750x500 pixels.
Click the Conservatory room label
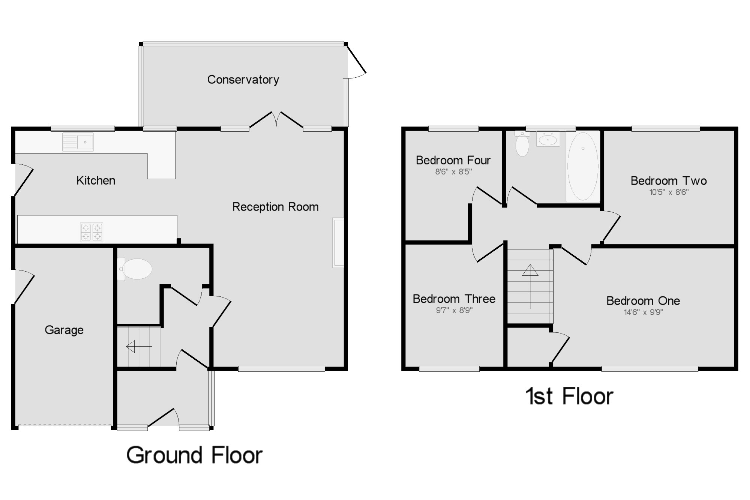point(243,80)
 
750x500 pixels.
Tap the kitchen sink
point(78,142)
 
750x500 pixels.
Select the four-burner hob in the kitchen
point(91,232)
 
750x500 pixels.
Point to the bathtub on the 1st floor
point(583,166)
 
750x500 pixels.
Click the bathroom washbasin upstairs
point(548,140)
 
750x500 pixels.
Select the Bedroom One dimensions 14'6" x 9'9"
point(643,312)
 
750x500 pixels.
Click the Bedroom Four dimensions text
point(453,172)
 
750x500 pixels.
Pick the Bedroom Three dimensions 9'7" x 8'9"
point(454,310)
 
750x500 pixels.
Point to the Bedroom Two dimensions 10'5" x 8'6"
point(669,192)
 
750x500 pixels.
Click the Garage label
point(64,330)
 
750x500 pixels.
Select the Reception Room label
point(275,207)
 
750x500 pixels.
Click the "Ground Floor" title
point(194,455)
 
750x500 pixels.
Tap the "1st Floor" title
point(569,396)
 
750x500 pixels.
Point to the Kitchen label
point(96,180)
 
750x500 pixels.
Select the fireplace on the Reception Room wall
point(338,243)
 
